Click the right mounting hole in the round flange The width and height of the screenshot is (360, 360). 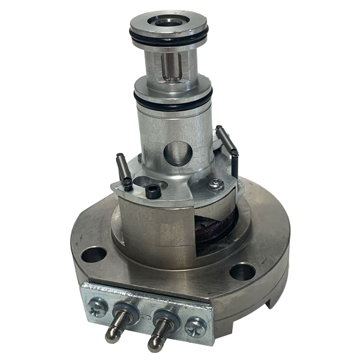[241, 272]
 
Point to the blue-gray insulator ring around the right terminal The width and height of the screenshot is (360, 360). [162, 316]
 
